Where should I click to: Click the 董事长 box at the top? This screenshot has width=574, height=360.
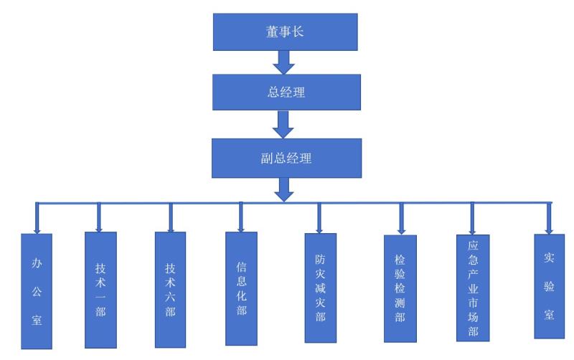(286, 33)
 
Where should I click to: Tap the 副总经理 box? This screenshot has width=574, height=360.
(286, 158)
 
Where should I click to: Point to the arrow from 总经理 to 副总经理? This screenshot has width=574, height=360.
(286, 125)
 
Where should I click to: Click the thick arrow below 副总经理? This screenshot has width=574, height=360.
(286, 189)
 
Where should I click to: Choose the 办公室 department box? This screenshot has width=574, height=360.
(37, 291)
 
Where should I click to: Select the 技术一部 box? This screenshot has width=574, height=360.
(100, 290)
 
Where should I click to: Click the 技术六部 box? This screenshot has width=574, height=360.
(170, 290)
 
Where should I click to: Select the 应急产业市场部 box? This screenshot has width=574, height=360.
(472, 287)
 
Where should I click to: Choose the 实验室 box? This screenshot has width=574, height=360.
(549, 287)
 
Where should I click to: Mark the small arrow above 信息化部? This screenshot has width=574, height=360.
(240, 225)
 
